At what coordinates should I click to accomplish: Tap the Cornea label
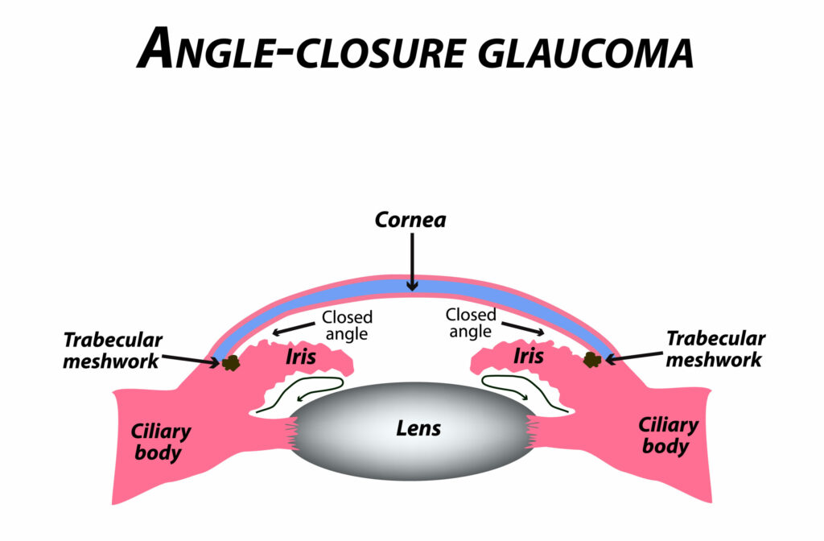pos(410,220)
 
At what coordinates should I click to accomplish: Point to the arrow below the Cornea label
pos(411,258)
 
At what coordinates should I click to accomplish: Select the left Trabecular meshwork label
pos(113,349)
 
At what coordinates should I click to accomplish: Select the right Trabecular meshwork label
pos(715,349)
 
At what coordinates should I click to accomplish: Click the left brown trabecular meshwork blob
pos(232,363)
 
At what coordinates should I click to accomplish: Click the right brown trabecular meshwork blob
pos(592,359)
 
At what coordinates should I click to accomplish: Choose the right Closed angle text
pos(472,323)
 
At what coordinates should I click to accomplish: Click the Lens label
pos(418,427)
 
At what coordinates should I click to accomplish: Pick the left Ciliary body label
pos(161,441)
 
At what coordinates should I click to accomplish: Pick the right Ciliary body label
pos(667,435)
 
